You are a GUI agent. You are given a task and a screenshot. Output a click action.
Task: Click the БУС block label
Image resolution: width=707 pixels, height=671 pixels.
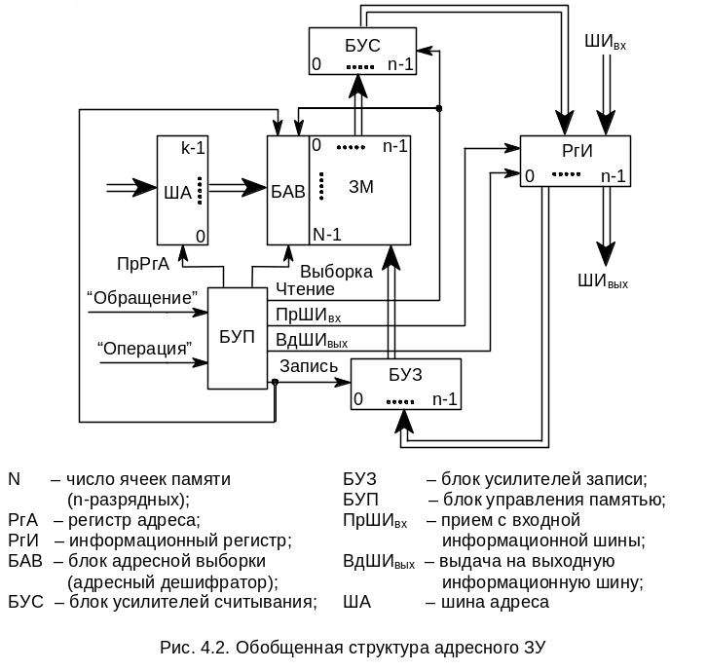tap(361, 46)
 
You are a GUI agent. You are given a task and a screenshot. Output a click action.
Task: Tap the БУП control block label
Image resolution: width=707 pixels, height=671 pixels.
tap(237, 337)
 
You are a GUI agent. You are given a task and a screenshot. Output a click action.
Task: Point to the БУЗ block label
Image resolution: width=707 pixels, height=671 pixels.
tap(406, 377)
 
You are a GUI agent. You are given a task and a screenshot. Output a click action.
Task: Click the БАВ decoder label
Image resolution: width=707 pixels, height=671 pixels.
tap(288, 189)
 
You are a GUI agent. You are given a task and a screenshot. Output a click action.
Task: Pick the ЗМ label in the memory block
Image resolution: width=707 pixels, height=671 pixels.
tap(361, 185)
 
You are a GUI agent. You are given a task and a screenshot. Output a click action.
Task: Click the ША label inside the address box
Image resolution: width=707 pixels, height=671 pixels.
tap(178, 191)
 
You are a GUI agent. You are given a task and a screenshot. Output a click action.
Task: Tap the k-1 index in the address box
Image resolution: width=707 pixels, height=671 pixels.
tap(193, 148)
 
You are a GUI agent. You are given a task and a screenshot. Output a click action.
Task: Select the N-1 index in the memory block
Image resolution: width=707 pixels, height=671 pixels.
tap(326, 234)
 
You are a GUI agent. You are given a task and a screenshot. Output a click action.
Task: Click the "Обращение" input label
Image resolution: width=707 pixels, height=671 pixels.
tap(143, 296)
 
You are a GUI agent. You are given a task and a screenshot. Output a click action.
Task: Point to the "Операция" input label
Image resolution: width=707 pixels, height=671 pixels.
tap(144, 347)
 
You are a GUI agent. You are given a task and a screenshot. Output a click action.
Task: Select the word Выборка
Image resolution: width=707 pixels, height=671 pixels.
tap(336, 272)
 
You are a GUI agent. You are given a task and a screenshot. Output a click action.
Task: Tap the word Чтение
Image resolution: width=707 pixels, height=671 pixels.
tap(305, 288)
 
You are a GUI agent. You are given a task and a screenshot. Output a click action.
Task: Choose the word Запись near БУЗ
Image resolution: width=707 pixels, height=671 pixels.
tap(308, 367)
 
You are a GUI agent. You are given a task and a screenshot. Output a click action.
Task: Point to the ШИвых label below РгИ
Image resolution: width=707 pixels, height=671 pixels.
tap(603, 282)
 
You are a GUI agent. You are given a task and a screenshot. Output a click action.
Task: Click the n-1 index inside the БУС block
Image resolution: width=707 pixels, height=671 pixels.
tap(400, 65)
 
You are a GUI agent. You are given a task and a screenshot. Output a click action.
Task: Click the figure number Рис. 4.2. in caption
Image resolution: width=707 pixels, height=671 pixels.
tap(195, 647)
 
